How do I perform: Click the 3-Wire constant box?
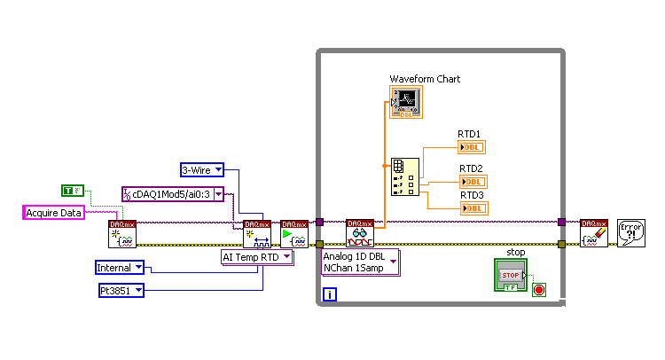[201, 169]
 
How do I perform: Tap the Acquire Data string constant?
[53, 212]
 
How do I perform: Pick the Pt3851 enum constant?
[120, 290]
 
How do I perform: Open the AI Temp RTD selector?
[256, 257]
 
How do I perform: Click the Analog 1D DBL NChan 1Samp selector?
[360, 262]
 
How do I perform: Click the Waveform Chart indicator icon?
[406, 102]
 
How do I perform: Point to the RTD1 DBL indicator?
[472, 147]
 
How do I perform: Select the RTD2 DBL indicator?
[472, 182]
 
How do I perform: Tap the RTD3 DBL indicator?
[472, 208]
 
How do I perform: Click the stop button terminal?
[510, 275]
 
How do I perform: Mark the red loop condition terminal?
[539, 289]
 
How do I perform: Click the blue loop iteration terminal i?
[329, 293]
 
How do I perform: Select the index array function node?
[400, 177]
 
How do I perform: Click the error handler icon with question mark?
[630, 233]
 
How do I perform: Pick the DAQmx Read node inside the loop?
[360, 233]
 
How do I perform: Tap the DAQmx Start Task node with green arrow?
[294, 234]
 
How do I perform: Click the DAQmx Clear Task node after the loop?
[594, 233]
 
